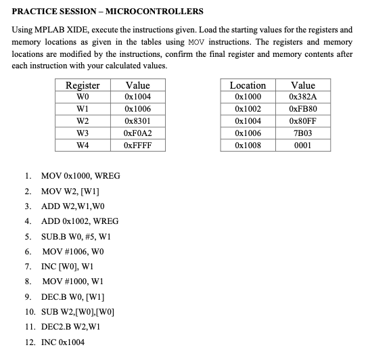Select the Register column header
82,85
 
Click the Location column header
248,85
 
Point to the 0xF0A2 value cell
137,133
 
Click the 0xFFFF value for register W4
137,145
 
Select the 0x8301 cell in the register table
137,121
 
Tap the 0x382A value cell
302,97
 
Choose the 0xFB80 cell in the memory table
302,109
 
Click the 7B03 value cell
302,133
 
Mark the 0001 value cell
302,145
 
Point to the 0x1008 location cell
248,145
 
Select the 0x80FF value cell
302,121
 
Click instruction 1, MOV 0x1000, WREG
80,176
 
